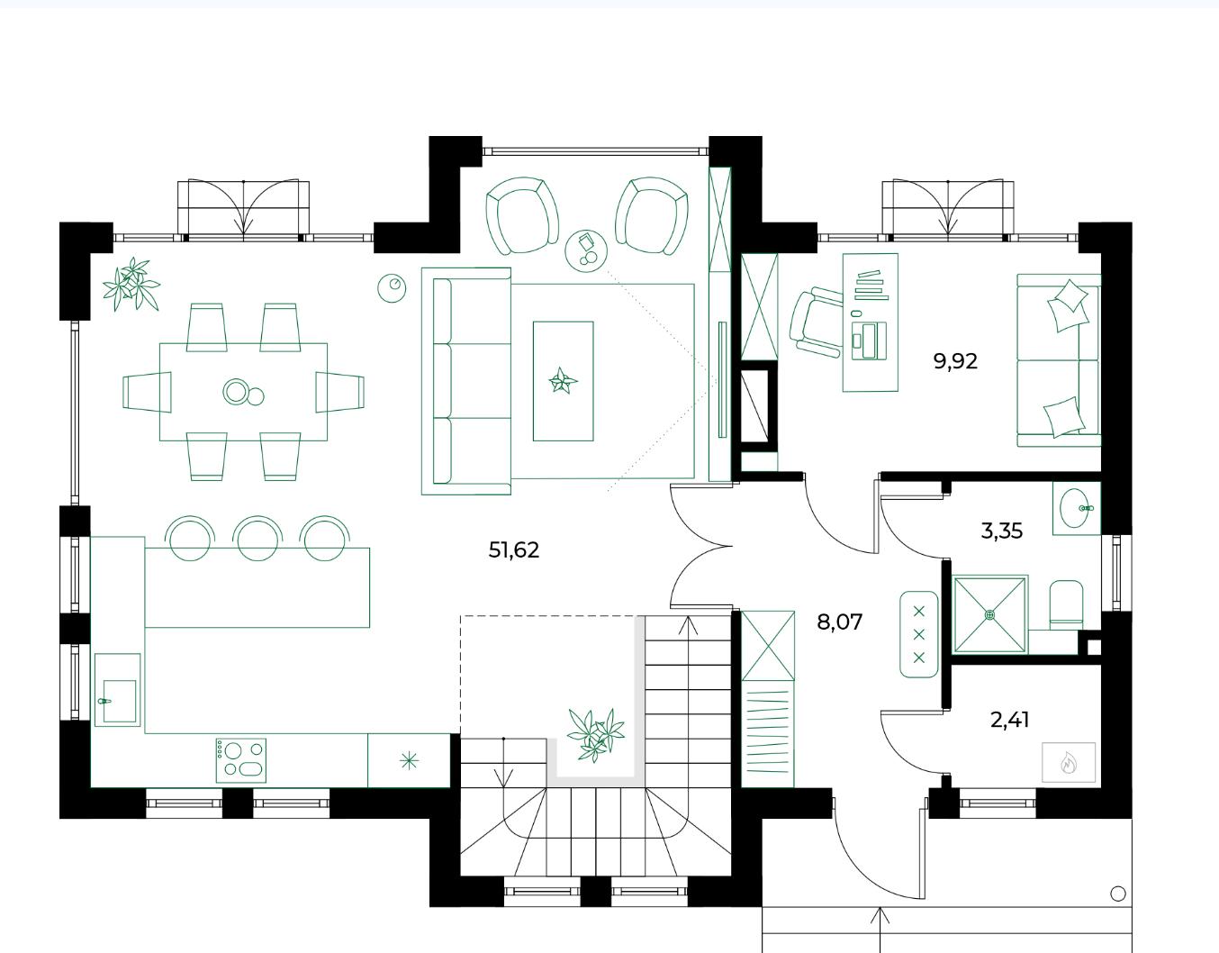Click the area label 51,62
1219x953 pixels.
pyautogui.click(x=514, y=550)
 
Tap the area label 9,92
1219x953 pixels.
pyautogui.click(x=955, y=361)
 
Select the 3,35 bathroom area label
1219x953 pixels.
pyautogui.click(x=1002, y=531)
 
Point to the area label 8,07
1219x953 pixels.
pyautogui.click(x=839, y=622)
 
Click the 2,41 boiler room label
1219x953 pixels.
pyautogui.click(x=1009, y=720)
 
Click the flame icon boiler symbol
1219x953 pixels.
pyautogui.click(x=1069, y=762)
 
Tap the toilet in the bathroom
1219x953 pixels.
pyautogui.click(x=1067, y=604)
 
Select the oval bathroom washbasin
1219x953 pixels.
pyautogui.click(x=1075, y=508)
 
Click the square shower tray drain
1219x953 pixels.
pyautogui.click(x=990, y=614)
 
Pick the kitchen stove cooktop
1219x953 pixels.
pyautogui.click(x=241, y=760)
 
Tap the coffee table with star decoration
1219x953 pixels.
pyautogui.click(x=564, y=381)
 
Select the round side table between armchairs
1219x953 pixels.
pyautogui.click(x=586, y=251)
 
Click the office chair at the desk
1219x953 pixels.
pyautogui.click(x=816, y=322)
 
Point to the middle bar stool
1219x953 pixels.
pyautogui.click(x=257, y=539)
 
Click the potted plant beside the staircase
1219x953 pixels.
pyautogui.click(x=595, y=735)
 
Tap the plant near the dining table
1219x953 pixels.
pyautogui.click(x=131, y=284)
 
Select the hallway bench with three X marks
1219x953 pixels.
pyautogui.click(x=919, y=634)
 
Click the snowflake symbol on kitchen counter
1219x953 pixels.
pyautogui.click(x=409, y=761)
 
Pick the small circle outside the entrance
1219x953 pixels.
pyautogui.click(x=1118, y=894)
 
